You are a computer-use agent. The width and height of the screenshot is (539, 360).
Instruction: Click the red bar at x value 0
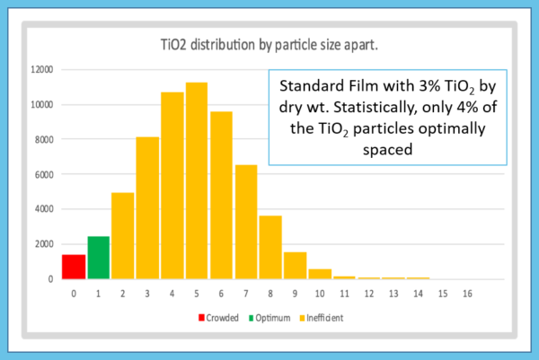pyautogui.click(x=74, y=267)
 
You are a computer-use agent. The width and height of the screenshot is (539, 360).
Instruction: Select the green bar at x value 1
pyautogui.click(x=98, y=258)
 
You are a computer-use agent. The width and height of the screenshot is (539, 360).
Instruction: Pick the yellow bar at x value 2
pyautogui.click(x=123, y=235)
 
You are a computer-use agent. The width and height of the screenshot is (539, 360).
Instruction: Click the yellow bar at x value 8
pyautogui.click(x=270, y=247)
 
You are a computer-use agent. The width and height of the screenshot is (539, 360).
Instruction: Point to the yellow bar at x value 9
pyautogui.click(x=295, y=266)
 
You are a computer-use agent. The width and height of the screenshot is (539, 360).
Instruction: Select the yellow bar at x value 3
pyautogui.click(x=147, y=207)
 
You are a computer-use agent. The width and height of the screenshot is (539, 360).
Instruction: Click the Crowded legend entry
pyautogui.click(x=215, y=317)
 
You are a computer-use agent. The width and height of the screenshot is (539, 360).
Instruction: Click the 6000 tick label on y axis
pyautogui.click(x=44, y=174)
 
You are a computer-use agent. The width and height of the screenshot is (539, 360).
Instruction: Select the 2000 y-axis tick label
pyautogui.click(x=44, y=244)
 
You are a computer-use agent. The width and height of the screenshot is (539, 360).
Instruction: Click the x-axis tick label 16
pyautogui.click(x=467, y=294)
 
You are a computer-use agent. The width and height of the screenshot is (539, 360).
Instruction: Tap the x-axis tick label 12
pyautogui.click(x=369, y=294)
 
